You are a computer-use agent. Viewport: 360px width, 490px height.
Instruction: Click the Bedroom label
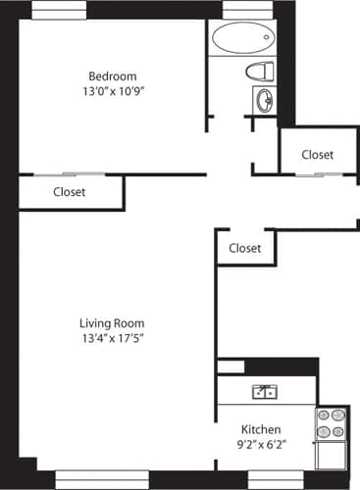pyautogui.click(x=112, y=76)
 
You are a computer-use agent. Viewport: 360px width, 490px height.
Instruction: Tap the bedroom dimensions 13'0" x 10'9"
pyautogui.click(x=112, y=93)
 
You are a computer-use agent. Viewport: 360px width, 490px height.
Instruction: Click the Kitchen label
pyautogui.click(x=262, y=430)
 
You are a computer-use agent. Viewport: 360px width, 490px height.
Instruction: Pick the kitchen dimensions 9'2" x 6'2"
pyautogui.click(x=262, y=446)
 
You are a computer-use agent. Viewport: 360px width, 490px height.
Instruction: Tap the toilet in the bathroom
pyautogui.click(x=260, y=71)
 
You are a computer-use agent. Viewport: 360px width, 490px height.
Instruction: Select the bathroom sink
pyautogui.click(x=264, y=99)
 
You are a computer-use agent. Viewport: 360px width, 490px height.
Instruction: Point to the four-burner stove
pyautogui.click(x=331, y=422)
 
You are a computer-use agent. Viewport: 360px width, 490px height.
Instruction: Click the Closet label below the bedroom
pyautogui.click(x=69, y=192)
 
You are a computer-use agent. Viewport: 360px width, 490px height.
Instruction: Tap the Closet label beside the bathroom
pyautogui.click(x=317, y=155)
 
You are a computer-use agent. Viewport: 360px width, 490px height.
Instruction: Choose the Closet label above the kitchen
pyautogui.click(x=244, y=248)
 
